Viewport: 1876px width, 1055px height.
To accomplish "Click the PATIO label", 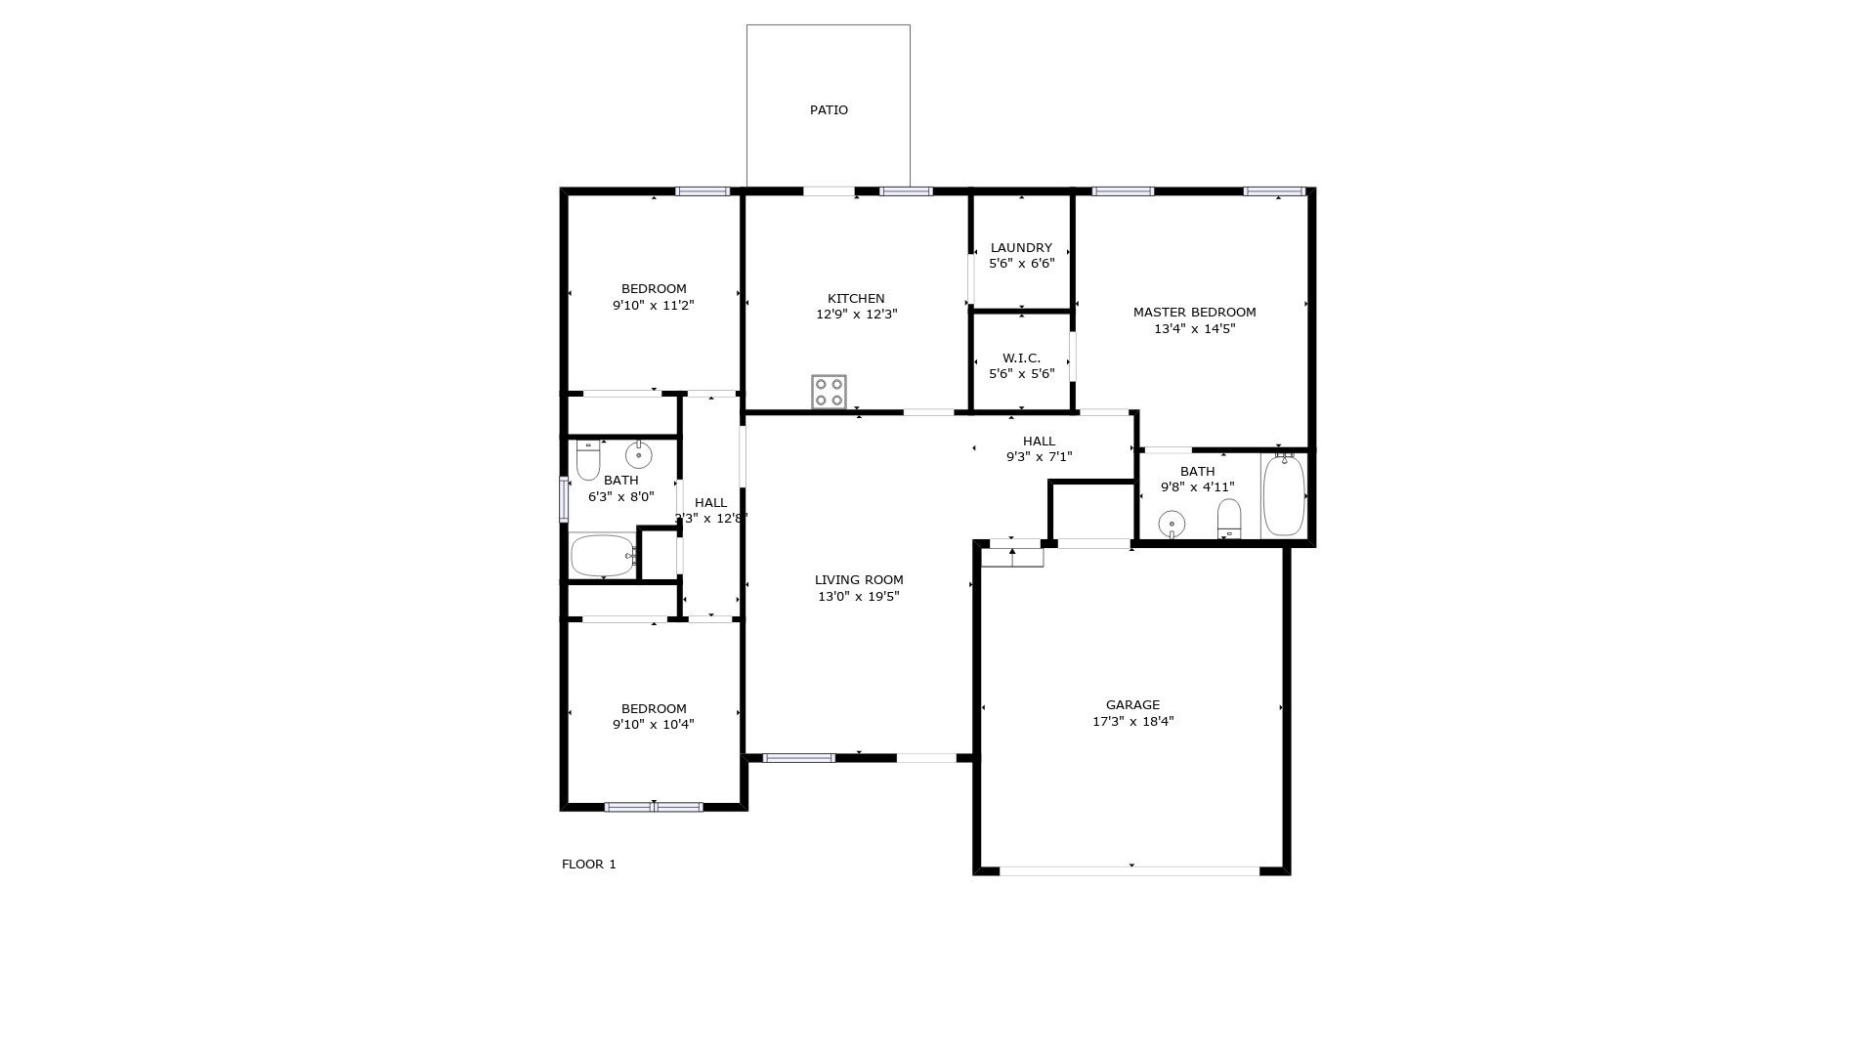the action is pyautogui.click(x=829, y=110).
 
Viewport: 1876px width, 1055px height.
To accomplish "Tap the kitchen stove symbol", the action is pyautogui.click(x=829, y=392).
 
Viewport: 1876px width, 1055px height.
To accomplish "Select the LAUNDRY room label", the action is pyautogui.click(x=1021, y=248).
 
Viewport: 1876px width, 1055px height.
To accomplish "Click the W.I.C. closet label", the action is pyautogui.click(x=1021, y=359).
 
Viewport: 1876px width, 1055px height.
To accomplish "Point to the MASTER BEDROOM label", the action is pyautogui.click(x=1194, y=313).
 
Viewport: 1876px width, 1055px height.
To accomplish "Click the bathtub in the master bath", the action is pyautogui.click(x=1284, y=494).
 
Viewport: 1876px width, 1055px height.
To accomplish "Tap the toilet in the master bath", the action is pyautogui.click(x=1229, y=519).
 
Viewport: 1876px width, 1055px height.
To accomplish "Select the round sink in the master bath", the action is pyautogui.click(x=1172, y=525).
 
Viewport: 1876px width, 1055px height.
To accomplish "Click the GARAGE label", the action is pyautogui.click(x=1132, y=705).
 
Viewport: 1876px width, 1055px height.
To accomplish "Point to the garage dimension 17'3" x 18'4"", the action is pyautogui.click(x=1132, y=722).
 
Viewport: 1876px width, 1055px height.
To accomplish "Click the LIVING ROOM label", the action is pyautogui.click(x=859, y=580).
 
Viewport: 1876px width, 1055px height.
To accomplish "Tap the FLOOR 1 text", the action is pyautogui.click(x=588, y=865).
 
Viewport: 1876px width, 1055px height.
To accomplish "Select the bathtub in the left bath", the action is pyautogui.click(x=603, y=556).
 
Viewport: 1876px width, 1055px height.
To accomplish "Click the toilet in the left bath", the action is pyautogui.click(x=588, y=460).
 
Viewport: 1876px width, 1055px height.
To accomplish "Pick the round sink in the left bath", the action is pyautogui.click(x=639, y=455).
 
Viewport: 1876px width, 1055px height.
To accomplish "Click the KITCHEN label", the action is pyautogui.click(x=856, y=299).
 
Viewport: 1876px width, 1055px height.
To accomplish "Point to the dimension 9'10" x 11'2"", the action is pyautogui.click(x=654, y=306).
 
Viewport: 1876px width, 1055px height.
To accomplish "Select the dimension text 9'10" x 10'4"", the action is pyautogui.click(x=654, y=725).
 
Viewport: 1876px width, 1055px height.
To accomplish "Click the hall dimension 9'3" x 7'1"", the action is pyautogui.click(x=1040, y=457).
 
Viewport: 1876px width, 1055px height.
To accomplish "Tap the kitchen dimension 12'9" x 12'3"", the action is pyautogui.click(x=856, y=315).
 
